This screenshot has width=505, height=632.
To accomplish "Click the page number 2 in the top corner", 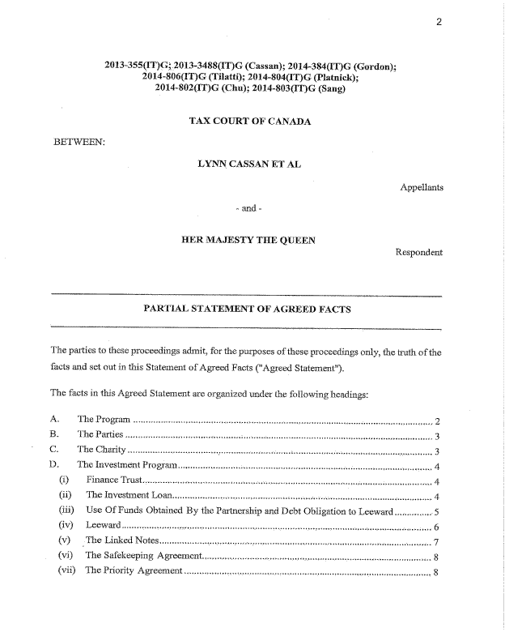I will click(438, 23).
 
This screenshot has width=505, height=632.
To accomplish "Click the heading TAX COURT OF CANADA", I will click(249, 122).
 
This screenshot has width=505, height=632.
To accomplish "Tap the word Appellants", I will click(422, 187).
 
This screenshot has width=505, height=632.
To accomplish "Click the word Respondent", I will click(418, 252).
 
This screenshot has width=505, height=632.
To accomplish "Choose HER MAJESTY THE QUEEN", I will click(248, 240).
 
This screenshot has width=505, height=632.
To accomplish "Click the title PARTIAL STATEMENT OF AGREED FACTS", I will click(247, 309).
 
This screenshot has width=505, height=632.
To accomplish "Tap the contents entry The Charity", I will click(101, 450).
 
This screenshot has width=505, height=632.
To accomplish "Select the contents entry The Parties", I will click(100, 434).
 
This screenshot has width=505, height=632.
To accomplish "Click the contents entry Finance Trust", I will click(114, 480).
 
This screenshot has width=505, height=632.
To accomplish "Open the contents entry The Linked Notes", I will click(121, 541).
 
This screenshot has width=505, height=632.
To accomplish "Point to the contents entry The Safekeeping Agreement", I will click(142, 556).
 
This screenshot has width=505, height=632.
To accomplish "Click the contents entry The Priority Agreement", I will click(134, 570).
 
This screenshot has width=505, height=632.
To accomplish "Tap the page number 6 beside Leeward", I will click(436, 527).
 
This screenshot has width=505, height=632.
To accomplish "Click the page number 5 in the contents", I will click(436, 511).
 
